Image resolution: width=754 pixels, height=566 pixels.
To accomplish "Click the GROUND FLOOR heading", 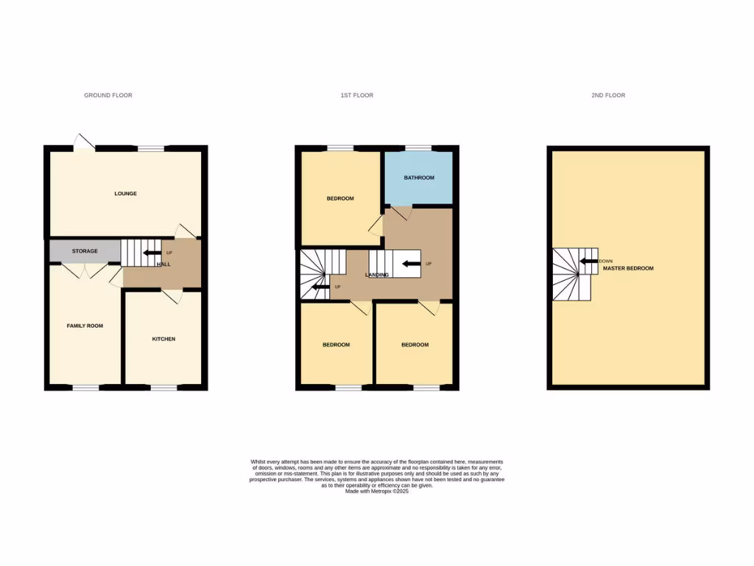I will tap(108, 95).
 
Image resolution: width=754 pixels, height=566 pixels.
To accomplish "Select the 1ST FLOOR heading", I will tap(356, 95).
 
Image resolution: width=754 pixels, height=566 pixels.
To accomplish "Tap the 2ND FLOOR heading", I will tap(608, 95).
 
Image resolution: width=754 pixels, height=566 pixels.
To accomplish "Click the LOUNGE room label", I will tap(125, 194).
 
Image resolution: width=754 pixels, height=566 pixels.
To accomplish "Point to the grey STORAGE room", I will tap(85, 251).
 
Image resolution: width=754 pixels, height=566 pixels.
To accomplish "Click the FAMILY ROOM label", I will tap(85, 326).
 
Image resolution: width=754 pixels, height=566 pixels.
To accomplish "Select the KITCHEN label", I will tap(163, 339).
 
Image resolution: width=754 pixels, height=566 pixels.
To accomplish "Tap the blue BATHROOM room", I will tap(418, 178).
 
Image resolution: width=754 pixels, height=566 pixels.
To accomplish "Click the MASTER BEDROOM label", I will tap(628, 268).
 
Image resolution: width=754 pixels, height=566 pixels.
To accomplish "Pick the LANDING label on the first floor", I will tap(377, 275).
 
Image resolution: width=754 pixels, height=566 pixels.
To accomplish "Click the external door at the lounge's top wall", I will tap(84, 142).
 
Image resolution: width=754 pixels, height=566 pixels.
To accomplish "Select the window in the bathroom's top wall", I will tap(417, 148).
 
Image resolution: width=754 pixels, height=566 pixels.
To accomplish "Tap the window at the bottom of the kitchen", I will tap(163, 387).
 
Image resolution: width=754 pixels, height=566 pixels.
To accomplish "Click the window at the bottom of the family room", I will tap(85, 387).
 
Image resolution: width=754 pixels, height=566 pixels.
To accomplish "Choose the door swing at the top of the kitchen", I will tap(171, 296).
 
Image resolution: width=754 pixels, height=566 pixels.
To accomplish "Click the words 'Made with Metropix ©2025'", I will tap(376, 492).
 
